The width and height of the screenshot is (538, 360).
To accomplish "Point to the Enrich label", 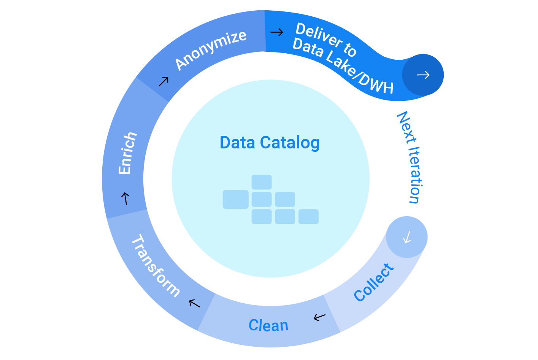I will pos(127,153).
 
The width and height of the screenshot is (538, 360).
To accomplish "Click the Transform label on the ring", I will pos(155,266).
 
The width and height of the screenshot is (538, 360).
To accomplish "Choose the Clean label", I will pos(268,325).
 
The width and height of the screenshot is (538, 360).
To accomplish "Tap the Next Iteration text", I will pos(410,157).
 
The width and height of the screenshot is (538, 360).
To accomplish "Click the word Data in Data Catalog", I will pos(237,143).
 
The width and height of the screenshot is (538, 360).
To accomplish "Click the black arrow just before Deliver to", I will pos(277,32).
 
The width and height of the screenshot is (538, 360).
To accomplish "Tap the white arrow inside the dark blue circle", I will pos(423,75).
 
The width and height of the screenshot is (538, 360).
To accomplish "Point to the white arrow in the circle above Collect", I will pos(407,237).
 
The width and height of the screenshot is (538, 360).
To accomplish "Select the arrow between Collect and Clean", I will pos(320,317).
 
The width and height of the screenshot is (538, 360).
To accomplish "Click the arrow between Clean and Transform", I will pos(194,303).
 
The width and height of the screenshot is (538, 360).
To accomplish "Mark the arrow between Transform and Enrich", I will pos(125,198).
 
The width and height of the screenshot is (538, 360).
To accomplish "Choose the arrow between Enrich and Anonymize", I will pos(163,81).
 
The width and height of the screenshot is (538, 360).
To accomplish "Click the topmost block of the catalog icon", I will pos(262,182).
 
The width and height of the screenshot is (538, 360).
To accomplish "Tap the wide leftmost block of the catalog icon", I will pos(235,199).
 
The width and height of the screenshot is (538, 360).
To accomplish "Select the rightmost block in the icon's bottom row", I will pos(308,217).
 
